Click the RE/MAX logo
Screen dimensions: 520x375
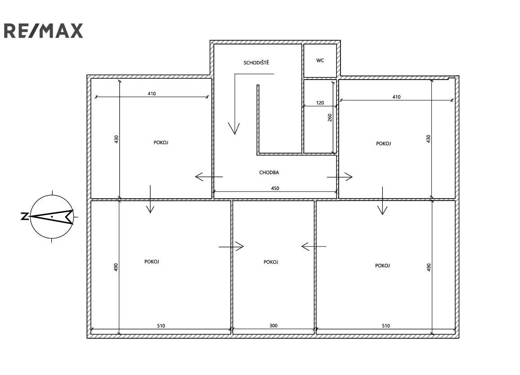[x=43, y=31]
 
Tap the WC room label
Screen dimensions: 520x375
[x=320, y=60]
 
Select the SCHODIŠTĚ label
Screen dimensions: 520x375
[x=256, y=62]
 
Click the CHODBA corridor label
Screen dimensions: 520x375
[x=269, y=172]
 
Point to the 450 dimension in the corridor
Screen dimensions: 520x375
[x=275, y=188]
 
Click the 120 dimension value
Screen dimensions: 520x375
[x=320, y=103]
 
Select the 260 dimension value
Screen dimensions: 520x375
[x=330, y=118]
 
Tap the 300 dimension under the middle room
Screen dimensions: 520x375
[x=273, y=326]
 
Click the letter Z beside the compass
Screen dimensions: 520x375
[x=25, y=217]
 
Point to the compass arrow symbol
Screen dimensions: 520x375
[x=52, y=217]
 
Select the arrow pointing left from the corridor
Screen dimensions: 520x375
[x=209, y=177]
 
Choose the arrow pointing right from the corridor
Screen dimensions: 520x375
[x=340, y=177]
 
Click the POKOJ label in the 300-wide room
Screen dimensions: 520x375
[x=271, y=262]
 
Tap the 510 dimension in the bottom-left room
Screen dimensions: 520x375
[x=161, y=326]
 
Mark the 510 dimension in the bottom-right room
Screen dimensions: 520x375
[x=386, y=326]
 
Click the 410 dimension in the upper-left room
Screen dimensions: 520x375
[x=152, y=94]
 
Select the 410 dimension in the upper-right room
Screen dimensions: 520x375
[x=396, y=97]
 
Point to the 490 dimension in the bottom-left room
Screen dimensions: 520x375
[x=116, y=267]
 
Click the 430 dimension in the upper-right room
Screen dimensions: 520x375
[x=428, y=138]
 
